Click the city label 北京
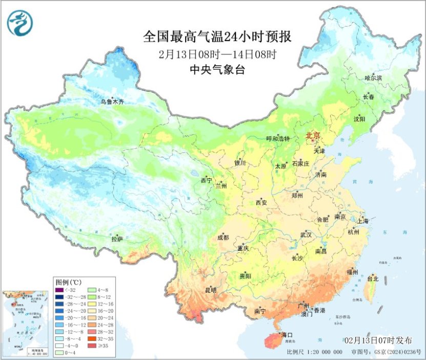(x=313, y=136)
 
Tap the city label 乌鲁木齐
(x=112, y=102)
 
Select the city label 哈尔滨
(x=373, y=77)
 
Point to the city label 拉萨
(x=117, y=239)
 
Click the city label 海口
(x=279, y=335)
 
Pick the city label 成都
(x=222, y=237)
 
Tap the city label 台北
(x=373, y=279)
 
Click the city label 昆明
(x=210, y=290)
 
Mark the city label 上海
(x=362, y=221)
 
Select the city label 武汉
(x=306, y=234)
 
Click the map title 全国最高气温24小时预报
(x=217, y=37)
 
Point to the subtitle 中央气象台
(x=217, y=70)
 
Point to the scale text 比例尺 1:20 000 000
(x=314, y=352)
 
